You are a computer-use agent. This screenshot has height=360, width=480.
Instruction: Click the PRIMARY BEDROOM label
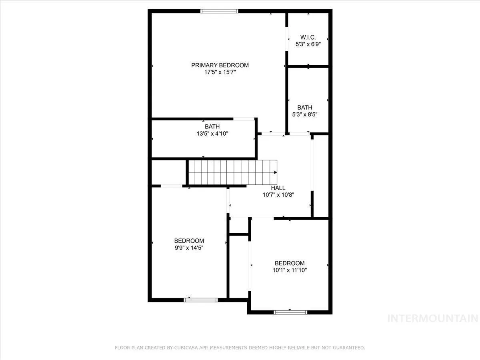(220, 65)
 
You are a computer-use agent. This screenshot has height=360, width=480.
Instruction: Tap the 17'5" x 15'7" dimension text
(220, 72)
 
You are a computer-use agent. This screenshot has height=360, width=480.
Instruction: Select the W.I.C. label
(308, 37)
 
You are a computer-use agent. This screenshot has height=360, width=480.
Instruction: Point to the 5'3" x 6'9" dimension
(308, 44)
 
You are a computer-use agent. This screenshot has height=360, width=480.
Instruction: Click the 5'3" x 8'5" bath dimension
(305, 114)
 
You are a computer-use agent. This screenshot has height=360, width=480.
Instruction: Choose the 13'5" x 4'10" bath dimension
(212, 133)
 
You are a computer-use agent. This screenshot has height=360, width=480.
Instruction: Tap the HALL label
(278, 188)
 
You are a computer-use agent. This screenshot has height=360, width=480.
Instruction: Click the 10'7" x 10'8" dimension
(278, 194)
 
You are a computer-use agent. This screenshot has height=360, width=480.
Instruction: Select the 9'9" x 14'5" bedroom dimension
(189, 248)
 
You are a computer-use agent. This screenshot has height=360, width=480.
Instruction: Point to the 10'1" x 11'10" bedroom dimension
(290, 270)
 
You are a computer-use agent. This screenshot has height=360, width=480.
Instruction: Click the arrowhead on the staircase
(276, 172)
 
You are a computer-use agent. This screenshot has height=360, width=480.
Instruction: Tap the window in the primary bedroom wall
(219, 11)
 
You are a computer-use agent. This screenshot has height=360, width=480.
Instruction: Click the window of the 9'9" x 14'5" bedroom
(201, 300)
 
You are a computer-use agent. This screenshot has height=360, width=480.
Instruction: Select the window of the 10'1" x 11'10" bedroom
(290, 312)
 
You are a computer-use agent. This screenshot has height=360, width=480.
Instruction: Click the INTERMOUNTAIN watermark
(433, 318)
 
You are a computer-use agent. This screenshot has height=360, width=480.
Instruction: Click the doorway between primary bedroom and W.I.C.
(286, 39)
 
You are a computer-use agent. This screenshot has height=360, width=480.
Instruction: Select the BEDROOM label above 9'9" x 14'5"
(189, 241)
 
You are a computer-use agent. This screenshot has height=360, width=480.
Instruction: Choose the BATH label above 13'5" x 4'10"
(212, 126)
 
